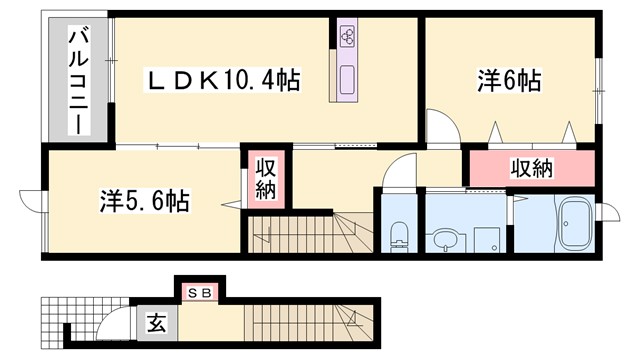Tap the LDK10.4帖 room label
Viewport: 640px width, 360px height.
[224, 79]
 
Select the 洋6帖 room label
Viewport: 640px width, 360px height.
[509, 81]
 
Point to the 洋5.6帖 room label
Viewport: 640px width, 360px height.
[145, 201]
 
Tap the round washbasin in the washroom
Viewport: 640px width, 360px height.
[443, 239]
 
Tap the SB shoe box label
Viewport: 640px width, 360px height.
[199, 293]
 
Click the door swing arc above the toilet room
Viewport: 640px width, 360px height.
[398, 172]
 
